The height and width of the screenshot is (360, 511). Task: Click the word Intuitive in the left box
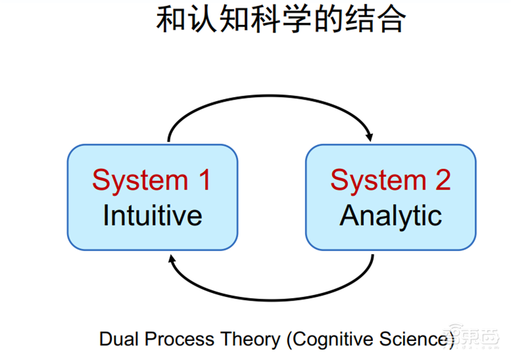pos(152,216)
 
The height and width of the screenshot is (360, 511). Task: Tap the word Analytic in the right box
pos(390,216)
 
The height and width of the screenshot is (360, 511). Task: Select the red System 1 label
pos(151,180)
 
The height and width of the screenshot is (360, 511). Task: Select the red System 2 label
pos(390,180)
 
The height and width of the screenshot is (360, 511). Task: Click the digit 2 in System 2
pos(442,180)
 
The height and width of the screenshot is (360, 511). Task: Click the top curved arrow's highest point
pos(268,100)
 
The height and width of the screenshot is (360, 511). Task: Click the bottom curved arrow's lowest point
pos(271,299)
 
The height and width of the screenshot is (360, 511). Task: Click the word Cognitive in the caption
pos(331,339)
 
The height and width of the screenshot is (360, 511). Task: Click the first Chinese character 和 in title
pos(171,20)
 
